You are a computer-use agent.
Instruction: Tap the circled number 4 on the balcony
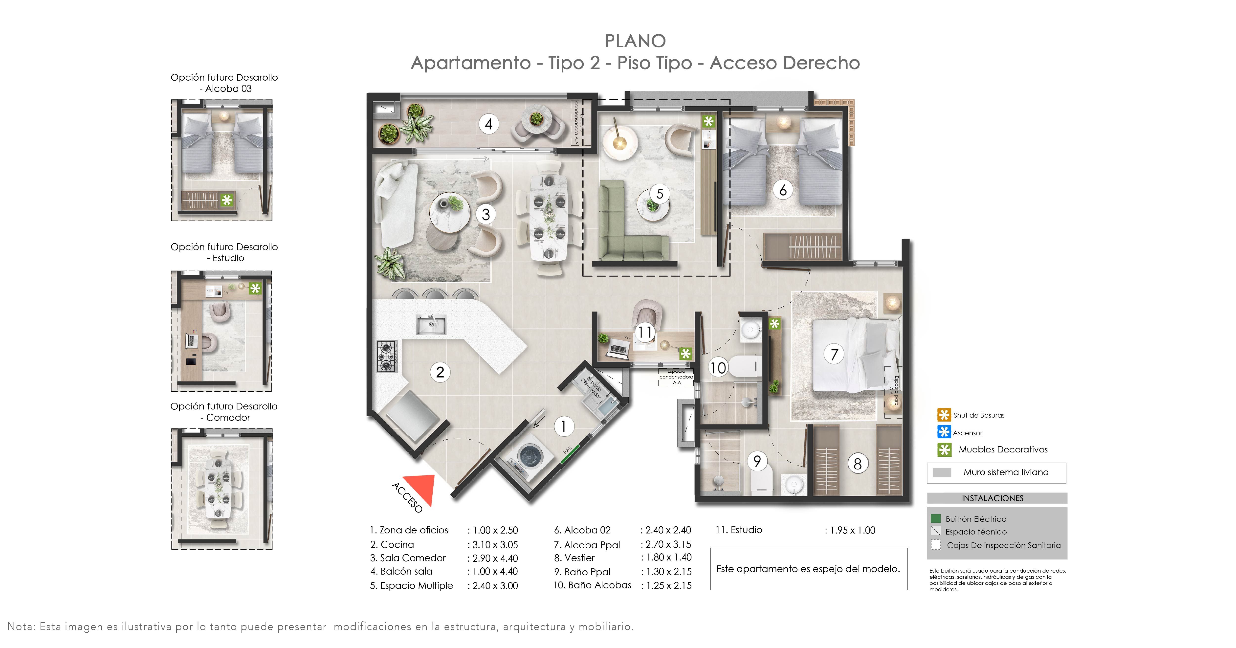click(488, 124)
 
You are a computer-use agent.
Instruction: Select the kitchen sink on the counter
click(431, 325)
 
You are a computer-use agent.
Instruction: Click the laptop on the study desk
click(618, 349)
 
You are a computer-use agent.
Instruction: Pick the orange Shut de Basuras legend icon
click(944, 415)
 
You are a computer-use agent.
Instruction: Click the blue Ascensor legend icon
click(944, 432)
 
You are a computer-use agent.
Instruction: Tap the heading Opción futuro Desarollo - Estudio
click(224, 252)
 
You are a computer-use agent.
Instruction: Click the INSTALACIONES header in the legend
click(992, 498)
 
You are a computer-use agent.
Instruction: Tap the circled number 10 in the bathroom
click(718, 368)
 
